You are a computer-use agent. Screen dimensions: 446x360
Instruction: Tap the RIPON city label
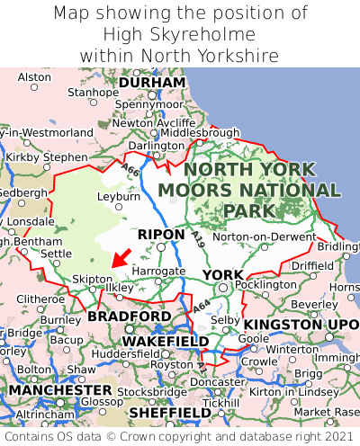point(162,235)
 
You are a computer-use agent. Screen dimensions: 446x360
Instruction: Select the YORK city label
point(222,274)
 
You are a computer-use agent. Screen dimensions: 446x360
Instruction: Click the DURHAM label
point(152,82)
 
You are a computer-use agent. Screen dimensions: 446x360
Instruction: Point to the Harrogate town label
point(158,270)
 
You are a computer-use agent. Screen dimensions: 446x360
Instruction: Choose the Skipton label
point(92,279)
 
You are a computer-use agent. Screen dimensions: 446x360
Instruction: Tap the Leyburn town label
point(119,195)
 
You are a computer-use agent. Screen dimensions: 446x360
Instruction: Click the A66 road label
point(132,169)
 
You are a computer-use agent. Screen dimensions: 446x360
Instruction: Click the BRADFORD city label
point(129,317)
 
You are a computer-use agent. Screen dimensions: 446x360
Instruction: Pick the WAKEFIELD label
point(165,342)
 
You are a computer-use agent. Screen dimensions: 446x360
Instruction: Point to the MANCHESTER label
point(60,391)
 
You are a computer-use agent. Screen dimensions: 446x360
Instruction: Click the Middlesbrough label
point(201,132)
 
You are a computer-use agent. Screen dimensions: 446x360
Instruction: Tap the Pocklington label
point(265,284)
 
